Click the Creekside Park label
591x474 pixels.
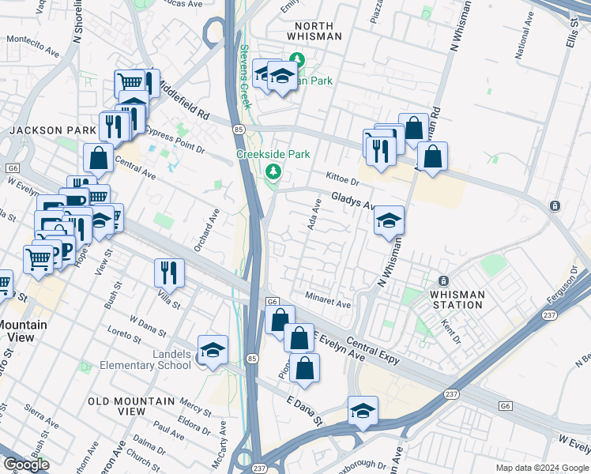point(273,154)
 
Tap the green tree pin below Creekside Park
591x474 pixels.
point(273,171)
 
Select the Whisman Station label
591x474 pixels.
point(457,300)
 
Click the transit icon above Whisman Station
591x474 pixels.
point(443,281)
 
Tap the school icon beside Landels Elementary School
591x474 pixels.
point(213,350)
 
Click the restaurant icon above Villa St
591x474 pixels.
point(169,273)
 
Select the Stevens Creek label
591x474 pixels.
point(245,76)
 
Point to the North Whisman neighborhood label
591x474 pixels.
point(314,31)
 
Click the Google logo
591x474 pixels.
point(26,465)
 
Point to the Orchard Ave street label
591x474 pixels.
point(214,227)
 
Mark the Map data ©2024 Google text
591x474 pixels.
point(541,468)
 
